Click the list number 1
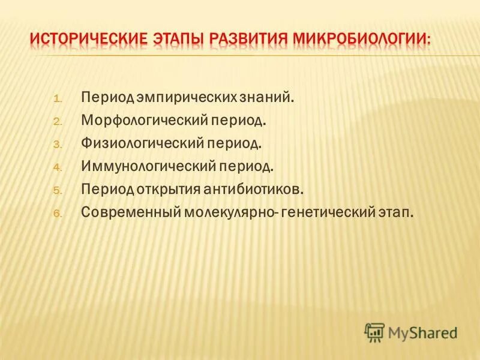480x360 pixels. pos(58,98)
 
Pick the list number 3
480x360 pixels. pos(58,145)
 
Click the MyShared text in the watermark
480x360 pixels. pos(422,331)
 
